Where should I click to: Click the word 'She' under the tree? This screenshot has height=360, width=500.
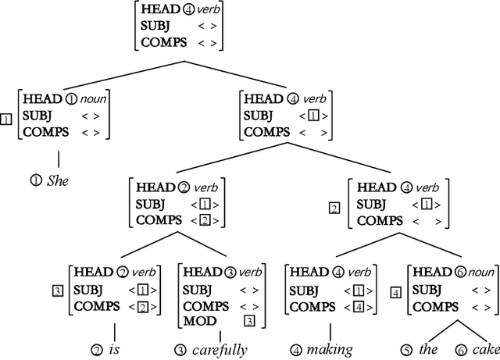59,180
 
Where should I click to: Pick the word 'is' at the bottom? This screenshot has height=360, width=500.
120,349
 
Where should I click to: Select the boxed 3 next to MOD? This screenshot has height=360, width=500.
249,321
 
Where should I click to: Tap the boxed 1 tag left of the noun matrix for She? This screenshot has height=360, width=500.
7,119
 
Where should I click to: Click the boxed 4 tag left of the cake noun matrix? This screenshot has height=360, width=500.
396,293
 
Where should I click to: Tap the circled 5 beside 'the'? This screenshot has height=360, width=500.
406,349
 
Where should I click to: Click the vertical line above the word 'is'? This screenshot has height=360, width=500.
115,330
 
